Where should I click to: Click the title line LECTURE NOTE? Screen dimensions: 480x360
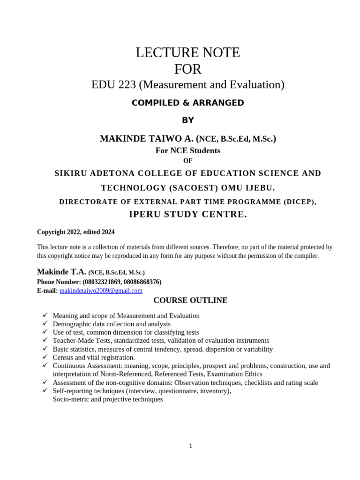click(x=187, y=53)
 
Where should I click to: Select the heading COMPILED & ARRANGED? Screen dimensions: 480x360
click(x=187, y=103)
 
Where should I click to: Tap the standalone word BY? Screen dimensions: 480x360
click(x=187, y=120)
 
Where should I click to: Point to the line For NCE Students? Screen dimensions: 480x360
click(x=187, y=150)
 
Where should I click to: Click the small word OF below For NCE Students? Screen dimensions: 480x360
click(x=187, y=160)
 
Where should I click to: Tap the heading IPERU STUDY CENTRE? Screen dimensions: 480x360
click(x=187, y=215)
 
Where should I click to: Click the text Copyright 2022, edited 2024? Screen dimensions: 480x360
click(x=75, y=232)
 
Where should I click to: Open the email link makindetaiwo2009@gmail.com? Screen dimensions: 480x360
click(x=101, y=291)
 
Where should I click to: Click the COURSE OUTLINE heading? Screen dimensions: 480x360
click(x=190, y=300)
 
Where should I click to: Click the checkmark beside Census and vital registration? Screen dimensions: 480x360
click(x=45, y=357)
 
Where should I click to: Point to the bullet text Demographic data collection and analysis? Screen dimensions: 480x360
click(x=112, y=324)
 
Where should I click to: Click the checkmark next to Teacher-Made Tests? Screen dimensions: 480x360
click(x=45, y=340)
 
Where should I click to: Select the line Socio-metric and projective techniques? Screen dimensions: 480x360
click(x=108, y=399)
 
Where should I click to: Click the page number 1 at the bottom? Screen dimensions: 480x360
click(x=191, y=446)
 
